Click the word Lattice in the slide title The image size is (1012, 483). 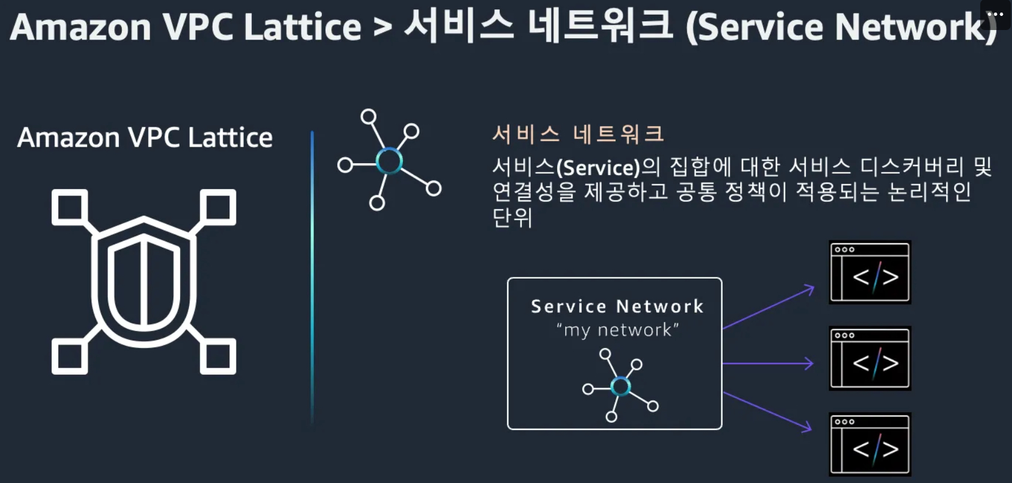point(302,27)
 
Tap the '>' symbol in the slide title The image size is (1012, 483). point(382,28)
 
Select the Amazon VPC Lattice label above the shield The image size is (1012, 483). point(145,137)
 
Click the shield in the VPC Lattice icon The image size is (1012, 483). point(144,282)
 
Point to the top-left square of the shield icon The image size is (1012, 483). point(69,207)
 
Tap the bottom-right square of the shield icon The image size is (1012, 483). point(218,356)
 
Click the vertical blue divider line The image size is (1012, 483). point(312,277)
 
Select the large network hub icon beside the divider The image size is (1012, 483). point(389,160)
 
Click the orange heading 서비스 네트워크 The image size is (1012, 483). point(578,134)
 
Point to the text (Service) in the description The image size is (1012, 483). point(598,168)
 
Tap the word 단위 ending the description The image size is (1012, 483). point(512,217)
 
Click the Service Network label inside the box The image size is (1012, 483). point(617,306)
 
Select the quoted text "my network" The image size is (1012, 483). point(617,330)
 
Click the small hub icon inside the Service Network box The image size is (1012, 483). point(620,385)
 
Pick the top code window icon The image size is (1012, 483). point(870,272)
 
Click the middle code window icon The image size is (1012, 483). point(870,358)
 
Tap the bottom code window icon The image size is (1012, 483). point(870,444)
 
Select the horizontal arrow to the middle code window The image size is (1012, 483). point(768,363)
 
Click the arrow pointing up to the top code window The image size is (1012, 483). point(768,307)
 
